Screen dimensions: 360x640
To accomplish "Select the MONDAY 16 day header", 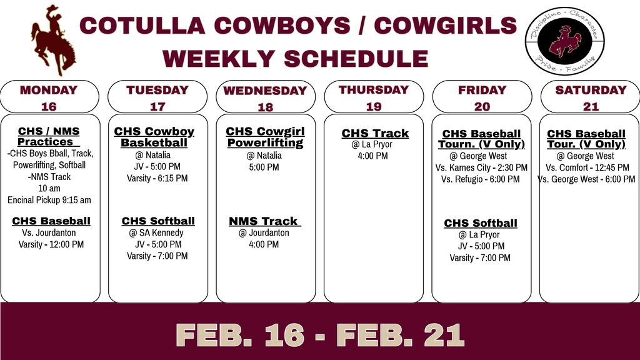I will (x=49, y=97).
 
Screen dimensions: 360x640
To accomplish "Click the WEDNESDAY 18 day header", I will (x=265, y=98).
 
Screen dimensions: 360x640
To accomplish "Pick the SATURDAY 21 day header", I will (x=590, y=97).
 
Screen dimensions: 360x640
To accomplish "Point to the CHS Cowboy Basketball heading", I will (x=154, y=137).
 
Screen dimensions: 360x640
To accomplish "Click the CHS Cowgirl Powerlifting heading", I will (x=265, y=137).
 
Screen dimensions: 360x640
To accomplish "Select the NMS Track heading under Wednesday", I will (x=264, y=221).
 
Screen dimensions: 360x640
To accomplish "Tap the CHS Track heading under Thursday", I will (x=374, y=133).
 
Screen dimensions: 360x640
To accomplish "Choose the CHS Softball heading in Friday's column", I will (x=481, y=223).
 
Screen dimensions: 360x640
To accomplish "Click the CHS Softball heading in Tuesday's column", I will (x=158, y=221).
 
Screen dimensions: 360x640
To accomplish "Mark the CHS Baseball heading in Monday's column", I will (x=51, y=221).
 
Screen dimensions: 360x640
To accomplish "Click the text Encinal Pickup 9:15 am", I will (x=49, y=200).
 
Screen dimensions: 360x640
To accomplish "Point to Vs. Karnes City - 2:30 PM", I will (x=481, y=167).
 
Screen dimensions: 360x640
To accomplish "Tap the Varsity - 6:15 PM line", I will (x=157, y=178).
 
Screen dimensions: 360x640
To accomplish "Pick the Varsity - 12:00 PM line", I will (x=51, y=244).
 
